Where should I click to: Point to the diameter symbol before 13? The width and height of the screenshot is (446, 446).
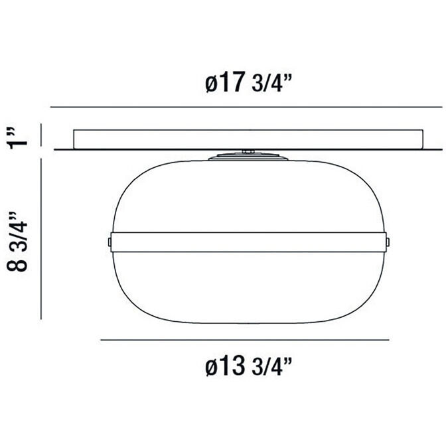tap(209, 366)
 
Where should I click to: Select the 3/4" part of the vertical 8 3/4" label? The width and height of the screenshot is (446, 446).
tap(21, 230)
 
